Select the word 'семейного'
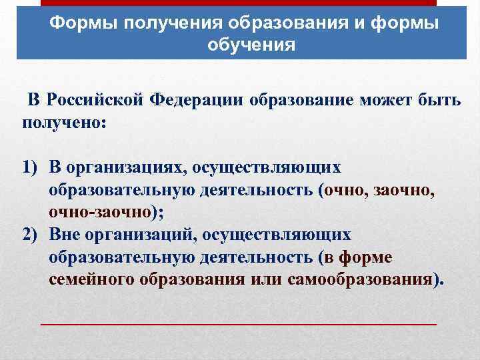tap(92, 279)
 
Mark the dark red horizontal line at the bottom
tap(239, 323)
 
